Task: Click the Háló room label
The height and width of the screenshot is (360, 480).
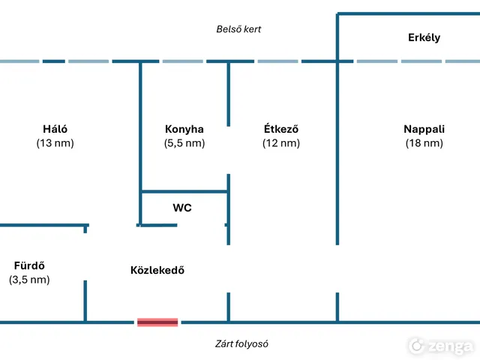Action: click(x=55, y=129)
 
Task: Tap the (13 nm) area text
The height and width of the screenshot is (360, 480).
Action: click(x=55, y=143)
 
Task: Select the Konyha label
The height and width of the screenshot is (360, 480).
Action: click(x=184, y=129)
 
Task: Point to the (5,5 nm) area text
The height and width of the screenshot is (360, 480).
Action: click(x=184, y=143)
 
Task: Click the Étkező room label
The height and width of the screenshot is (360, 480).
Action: click(x=281, y=129)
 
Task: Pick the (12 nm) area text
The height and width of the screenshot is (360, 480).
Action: click(x=281, y=143)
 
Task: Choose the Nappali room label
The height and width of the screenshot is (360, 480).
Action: click(x=424, y=129)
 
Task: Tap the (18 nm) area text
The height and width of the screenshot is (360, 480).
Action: click(x=424, y=143)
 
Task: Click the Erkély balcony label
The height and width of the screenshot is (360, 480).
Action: click(x=424, y=37)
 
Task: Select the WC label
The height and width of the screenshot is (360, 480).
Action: click(x=182, y=208)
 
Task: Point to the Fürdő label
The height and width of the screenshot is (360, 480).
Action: click(x=30, y=265)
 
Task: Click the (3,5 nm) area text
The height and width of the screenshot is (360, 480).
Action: click(x=30, y=280)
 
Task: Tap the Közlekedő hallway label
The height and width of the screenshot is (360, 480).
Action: click(x=157, y=270)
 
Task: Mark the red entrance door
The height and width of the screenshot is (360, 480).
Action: click(x=157, y=322)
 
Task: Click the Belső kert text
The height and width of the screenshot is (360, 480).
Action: click(x=238, y=29)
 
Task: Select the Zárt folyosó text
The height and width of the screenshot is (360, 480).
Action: click(x=242, y=344)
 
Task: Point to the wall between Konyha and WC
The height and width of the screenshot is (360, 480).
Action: click(x=184, y=192)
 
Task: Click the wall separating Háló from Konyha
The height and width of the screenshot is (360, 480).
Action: click(x=140, y=127)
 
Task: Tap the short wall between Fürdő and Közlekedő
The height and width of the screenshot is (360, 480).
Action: click(x=85, y=300)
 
